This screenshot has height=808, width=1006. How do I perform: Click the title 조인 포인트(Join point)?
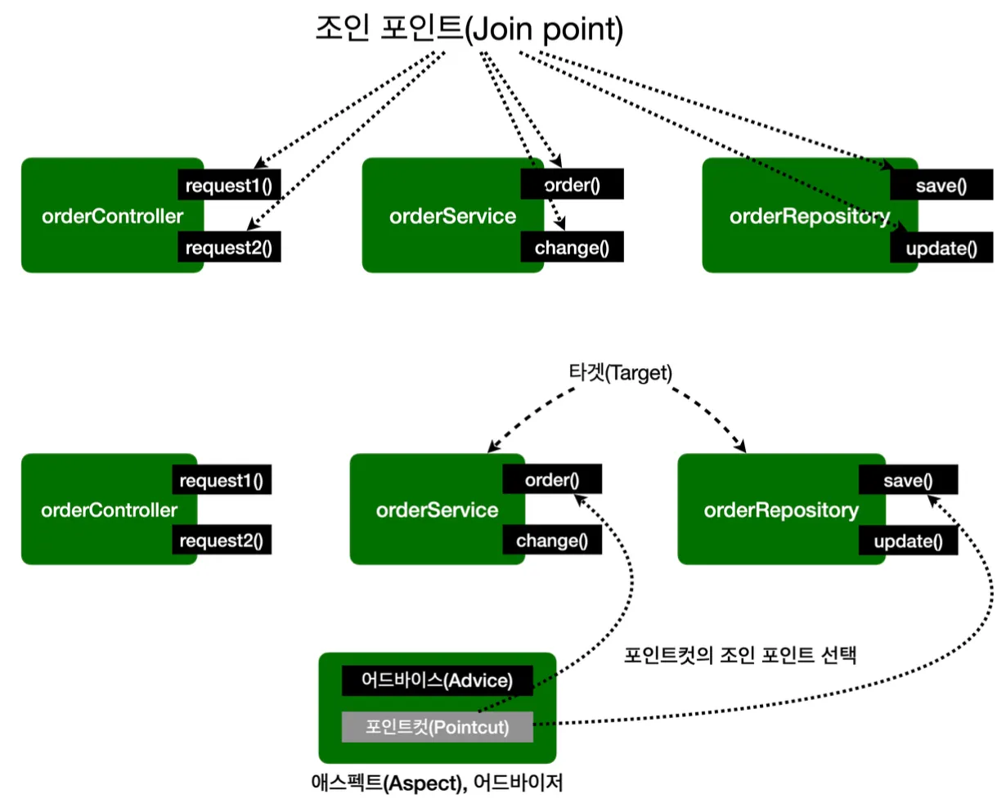[469, 29]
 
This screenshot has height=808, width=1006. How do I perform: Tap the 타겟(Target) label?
[620, 373]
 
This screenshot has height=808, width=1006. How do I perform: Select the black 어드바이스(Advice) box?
[437, 680]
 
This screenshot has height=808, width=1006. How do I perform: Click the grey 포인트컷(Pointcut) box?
[437, 727]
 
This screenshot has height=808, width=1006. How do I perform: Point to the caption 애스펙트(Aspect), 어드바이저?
[437, 783]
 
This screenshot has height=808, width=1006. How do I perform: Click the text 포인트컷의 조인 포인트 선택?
[740, 654]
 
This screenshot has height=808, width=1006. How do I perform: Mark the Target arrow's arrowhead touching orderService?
[492, 447]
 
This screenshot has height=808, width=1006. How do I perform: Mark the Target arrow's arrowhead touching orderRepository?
[740, 446]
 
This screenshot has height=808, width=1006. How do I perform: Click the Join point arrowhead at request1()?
[260, 163]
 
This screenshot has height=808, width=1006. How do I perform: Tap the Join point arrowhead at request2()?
[253, 224]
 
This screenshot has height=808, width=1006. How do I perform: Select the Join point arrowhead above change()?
[560, 223]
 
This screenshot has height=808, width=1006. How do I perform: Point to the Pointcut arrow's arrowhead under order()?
[580, 501]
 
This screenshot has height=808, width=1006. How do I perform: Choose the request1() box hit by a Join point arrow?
[229, 185]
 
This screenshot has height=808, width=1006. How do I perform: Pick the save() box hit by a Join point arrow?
[941, 185]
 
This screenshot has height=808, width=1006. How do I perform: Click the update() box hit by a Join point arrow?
[941, 247]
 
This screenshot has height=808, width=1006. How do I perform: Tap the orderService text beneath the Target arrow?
[437, 509]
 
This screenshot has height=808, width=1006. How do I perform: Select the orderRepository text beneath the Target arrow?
[781, 510]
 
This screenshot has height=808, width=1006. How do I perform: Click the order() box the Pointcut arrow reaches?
[552, 478]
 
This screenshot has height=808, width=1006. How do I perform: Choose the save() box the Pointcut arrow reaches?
[909, 479]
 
